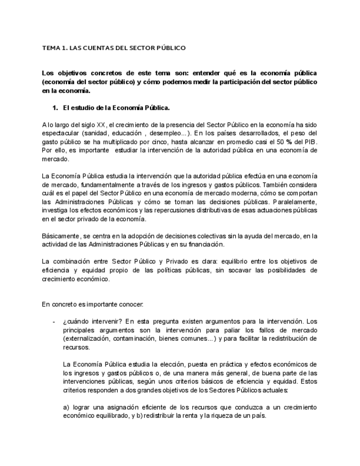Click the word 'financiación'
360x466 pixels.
coord(221,245)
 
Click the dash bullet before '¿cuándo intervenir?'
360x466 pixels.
coord(53,321)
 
